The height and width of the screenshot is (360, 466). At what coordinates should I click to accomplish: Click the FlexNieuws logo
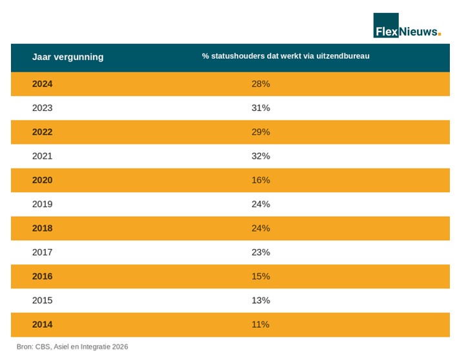[407, 25]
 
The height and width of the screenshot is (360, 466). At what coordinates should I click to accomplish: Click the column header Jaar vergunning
[68, 57]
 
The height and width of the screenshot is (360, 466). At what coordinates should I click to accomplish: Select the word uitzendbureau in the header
[343, 56]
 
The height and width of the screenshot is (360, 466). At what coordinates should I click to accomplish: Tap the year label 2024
[42, 84]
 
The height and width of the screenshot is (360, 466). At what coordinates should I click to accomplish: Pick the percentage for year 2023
[261, 108]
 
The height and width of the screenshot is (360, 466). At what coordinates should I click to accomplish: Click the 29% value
[261, 132]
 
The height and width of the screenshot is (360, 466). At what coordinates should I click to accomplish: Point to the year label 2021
[42, 156]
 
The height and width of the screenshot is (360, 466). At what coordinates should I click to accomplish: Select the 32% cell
[261, 156]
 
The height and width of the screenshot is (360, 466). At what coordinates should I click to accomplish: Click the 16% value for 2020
[261, 180]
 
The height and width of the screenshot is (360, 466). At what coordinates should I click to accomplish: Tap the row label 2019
[42, 204]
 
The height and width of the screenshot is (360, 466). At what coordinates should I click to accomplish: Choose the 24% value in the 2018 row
[261, 228]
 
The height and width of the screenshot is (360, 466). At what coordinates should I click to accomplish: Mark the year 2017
[42, 252]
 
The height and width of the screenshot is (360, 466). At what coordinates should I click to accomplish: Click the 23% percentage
[261, 252]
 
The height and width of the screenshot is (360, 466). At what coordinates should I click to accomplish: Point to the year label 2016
[42, 276]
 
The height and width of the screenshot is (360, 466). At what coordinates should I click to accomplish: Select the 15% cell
[261, 276]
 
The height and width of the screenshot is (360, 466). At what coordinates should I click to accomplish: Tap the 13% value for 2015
[261, 300]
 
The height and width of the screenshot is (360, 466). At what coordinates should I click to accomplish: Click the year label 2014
[42, 325]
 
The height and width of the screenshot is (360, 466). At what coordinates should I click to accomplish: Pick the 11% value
[260, 325]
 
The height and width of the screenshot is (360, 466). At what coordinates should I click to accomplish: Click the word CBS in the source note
[43, 346]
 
